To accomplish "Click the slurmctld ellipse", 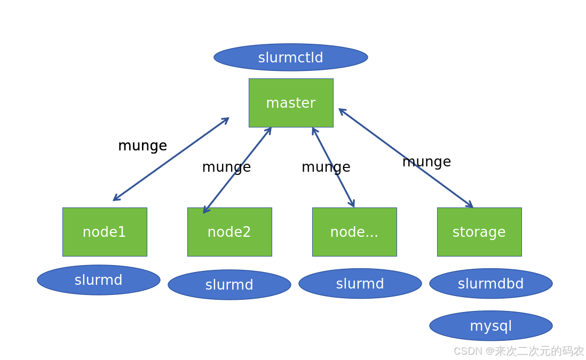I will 291,58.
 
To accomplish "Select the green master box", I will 291,103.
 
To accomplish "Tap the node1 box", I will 105,232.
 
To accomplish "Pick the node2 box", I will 229,232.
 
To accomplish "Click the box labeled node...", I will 354,232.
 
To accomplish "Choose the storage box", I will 479,232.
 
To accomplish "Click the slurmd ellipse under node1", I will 99,280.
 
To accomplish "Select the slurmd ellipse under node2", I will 229,285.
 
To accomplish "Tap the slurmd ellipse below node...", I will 360,284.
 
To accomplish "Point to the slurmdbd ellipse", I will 491,284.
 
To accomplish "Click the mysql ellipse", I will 491,326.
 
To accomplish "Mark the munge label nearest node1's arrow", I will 142,146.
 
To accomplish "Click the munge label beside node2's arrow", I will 226,167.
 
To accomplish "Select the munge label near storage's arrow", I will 426,162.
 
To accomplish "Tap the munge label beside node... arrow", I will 326,167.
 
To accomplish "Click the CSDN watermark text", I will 518,351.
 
